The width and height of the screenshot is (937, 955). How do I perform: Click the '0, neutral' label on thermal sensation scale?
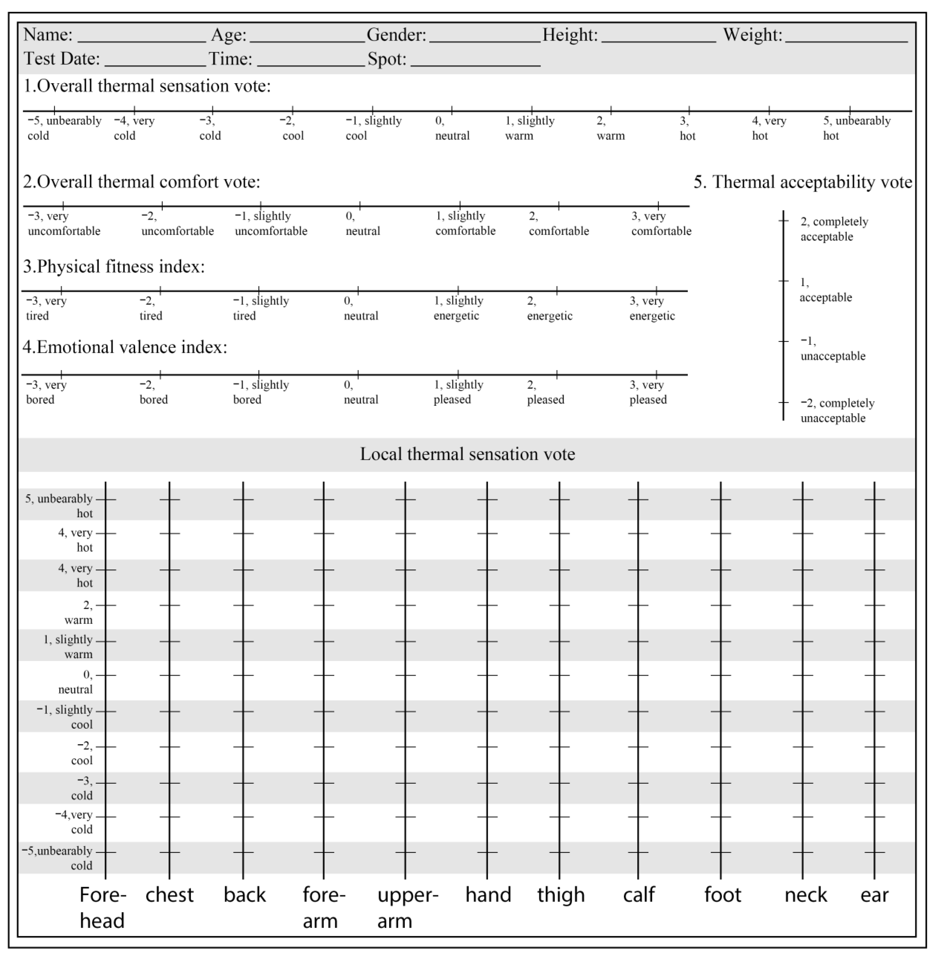(452, 128)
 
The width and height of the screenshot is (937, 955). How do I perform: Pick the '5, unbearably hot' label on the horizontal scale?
(856, 128)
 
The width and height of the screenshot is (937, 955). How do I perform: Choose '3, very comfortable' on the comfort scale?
(661, 224)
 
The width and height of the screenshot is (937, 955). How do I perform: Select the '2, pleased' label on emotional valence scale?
(545, 392)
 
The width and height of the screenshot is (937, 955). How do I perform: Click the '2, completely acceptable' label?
(834, 229)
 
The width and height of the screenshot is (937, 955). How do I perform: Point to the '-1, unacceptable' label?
(832, 349)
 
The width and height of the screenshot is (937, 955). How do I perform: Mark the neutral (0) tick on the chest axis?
(169, 675)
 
